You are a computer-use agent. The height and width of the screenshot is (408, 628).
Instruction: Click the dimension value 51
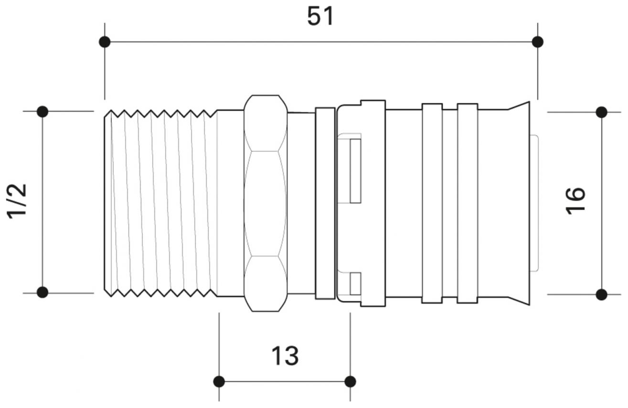tap(321, 17)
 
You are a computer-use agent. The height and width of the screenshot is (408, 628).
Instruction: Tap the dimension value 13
tap(285, 356)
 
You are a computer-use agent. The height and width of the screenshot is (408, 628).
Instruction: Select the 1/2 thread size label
tap(18, 201)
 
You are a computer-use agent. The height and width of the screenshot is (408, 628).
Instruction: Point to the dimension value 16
tap(575, 201)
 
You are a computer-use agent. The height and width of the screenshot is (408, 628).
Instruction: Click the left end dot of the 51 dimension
tap(105, 42)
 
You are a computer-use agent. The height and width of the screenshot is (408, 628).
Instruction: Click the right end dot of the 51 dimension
tap(537, 42)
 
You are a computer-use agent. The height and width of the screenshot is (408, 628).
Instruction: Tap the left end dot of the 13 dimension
tap(219, 381)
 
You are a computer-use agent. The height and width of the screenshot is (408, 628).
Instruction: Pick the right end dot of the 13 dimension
tap(350, 381)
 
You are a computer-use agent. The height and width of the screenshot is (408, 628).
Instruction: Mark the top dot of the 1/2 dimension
tap(43, 112)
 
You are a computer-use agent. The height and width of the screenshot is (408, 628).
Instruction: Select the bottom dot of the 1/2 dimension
tap(43, 292)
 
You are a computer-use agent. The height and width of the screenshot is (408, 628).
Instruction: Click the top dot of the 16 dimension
tap(601, 112)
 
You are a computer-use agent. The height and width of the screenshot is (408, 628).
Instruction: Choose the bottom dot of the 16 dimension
tap(601, 294)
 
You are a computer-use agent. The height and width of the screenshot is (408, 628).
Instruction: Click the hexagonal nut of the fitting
tap(265, 203)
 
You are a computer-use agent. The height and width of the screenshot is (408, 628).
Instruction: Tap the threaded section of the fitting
tap(160, 203)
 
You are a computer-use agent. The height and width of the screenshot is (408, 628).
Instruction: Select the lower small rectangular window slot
tap(355, 283)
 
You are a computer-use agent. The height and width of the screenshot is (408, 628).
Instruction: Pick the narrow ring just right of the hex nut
tap(325, 203)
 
